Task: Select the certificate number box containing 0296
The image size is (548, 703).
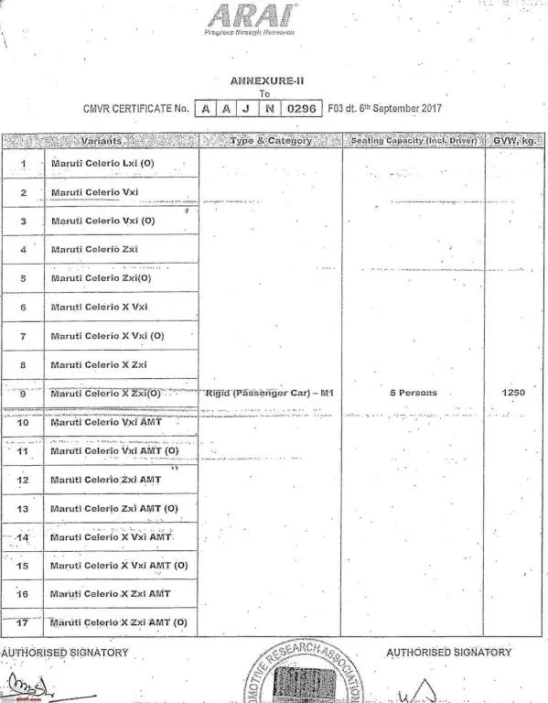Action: point(301,108)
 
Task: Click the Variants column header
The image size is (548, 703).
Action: point(102,141)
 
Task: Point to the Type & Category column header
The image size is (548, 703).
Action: point(271,141)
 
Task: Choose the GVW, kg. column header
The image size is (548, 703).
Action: point(513,141)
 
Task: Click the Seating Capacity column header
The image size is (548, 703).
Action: point(413,141)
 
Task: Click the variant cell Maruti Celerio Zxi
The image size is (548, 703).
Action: point(94,249)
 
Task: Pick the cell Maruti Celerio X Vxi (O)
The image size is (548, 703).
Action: point(107,336)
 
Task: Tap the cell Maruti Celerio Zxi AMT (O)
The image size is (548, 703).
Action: point(114,508)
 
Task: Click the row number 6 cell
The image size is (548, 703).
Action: point(23,308)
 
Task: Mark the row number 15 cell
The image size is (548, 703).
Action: point(23,566)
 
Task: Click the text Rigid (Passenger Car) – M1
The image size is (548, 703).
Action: point(271,393)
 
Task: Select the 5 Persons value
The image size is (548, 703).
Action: point(413,393)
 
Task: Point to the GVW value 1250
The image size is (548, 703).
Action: point(513,393)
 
